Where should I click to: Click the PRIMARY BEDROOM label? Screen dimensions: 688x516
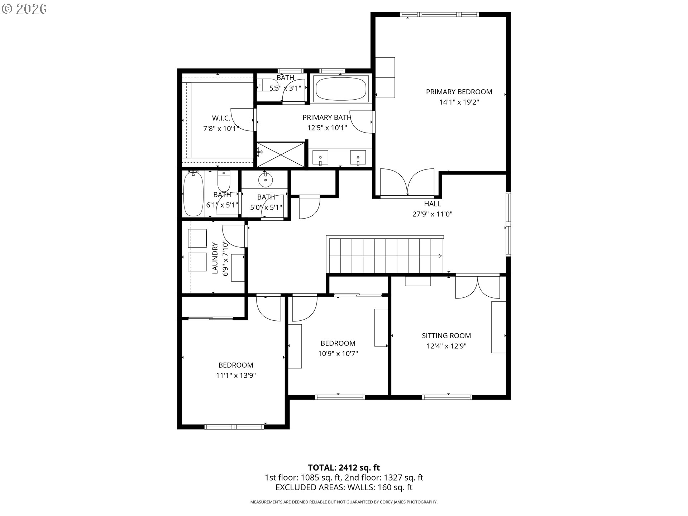click(x=459, y=92)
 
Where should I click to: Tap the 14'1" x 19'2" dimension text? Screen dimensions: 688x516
click(x=459, y=102)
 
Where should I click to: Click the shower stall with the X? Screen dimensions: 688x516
click(x=281, y=154)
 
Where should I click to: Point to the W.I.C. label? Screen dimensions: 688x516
click(x=221, y=118)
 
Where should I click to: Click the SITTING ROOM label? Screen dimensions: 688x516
click(x=446, y=336)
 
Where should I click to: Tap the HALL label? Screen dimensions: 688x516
click(x=432, y=204)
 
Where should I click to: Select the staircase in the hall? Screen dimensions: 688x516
click(x=385, y=255)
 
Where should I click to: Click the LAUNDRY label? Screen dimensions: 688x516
click(x=215, y=258)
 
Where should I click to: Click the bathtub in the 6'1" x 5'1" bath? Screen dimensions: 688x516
click(x=193, y=193)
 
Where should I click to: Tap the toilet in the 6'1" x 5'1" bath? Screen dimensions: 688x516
click(x=224, y=181)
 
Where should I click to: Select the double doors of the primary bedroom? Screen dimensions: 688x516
click(x=407, y=183)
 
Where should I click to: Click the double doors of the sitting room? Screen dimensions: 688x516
click(x=477, y=286)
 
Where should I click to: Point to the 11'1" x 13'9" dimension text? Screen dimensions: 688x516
click(x=236, y=376)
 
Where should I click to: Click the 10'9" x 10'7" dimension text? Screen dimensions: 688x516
click(x=338, y=354)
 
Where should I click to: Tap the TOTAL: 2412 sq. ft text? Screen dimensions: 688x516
click(x=344, y=468)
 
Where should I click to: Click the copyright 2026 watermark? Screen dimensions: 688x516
click(x=24, y=9)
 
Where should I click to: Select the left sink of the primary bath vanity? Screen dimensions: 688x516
click(x=320, y=158)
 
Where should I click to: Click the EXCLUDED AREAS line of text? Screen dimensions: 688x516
click(x=344, y=487)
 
